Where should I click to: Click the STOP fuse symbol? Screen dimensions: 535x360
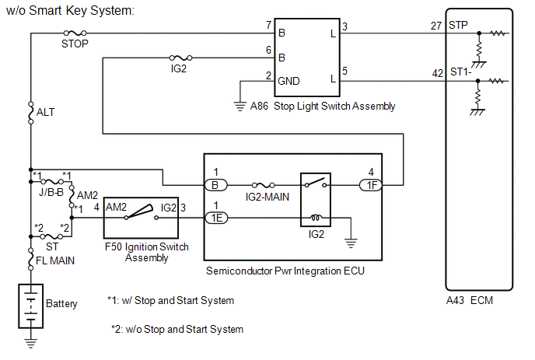click(75, 33)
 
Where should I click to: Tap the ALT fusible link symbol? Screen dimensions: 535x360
click(30, 113)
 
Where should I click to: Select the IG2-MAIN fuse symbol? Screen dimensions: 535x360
click(264, 185)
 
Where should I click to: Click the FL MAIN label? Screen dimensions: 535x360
click(55, 260)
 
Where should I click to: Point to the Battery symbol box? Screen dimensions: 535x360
click(30, 306)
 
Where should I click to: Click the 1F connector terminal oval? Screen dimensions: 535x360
click(371, 185)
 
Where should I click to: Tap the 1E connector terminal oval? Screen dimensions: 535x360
click(216, 218)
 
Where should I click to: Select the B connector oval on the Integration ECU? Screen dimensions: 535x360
click(216, 185)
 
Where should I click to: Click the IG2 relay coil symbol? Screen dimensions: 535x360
click(316, 217)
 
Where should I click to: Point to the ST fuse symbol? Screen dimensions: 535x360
click(51, 236)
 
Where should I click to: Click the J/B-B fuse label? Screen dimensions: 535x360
click(51, 192)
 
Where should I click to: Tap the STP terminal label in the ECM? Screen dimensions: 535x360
click(458, 25)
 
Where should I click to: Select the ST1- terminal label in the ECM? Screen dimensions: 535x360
click(460, 72)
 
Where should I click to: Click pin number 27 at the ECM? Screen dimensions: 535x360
click(436, 26)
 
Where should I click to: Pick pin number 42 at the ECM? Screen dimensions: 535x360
click(438, 73)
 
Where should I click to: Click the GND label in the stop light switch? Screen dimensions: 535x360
click(288, 81)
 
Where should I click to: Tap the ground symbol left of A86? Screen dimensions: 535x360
click(240, 107)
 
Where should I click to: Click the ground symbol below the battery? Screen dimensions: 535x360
click(30, 343)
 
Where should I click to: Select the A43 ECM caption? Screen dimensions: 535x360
click(470, 300)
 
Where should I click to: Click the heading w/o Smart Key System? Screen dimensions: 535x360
click(70, 11)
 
